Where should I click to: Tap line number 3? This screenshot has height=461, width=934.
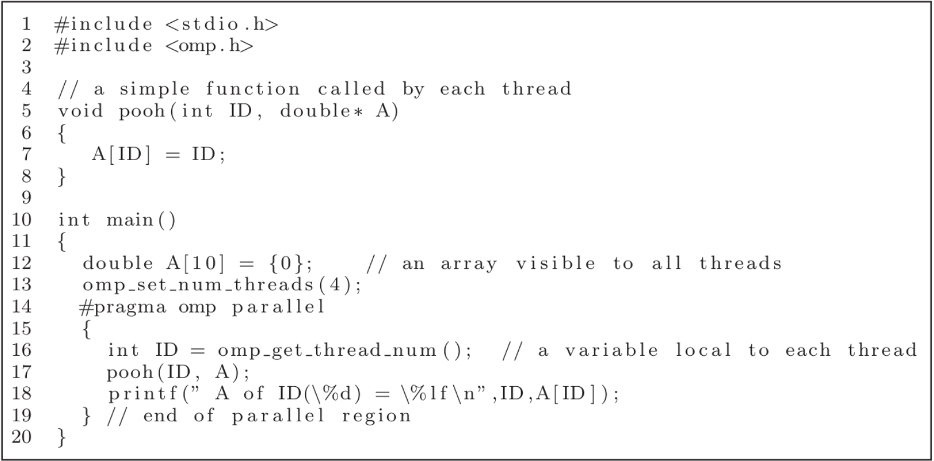(26, 68)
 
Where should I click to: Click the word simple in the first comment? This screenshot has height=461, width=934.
(154, 89)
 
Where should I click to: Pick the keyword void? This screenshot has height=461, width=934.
(80, 111)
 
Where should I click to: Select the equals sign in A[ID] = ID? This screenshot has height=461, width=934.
(172, 155)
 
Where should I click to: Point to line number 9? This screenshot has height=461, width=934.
(26, 198)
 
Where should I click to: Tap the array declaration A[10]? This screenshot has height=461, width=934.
(195, 264)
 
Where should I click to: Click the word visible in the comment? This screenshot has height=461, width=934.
(555, 264)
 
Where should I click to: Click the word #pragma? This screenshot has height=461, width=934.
(123, 307)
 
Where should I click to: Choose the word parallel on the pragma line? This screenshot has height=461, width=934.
(278, 307)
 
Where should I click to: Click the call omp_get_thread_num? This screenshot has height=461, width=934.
(327, 351)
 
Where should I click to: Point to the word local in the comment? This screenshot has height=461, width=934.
(703, 351)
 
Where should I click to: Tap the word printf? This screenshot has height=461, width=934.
(143, 394)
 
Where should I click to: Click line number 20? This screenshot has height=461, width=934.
(22, 437)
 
